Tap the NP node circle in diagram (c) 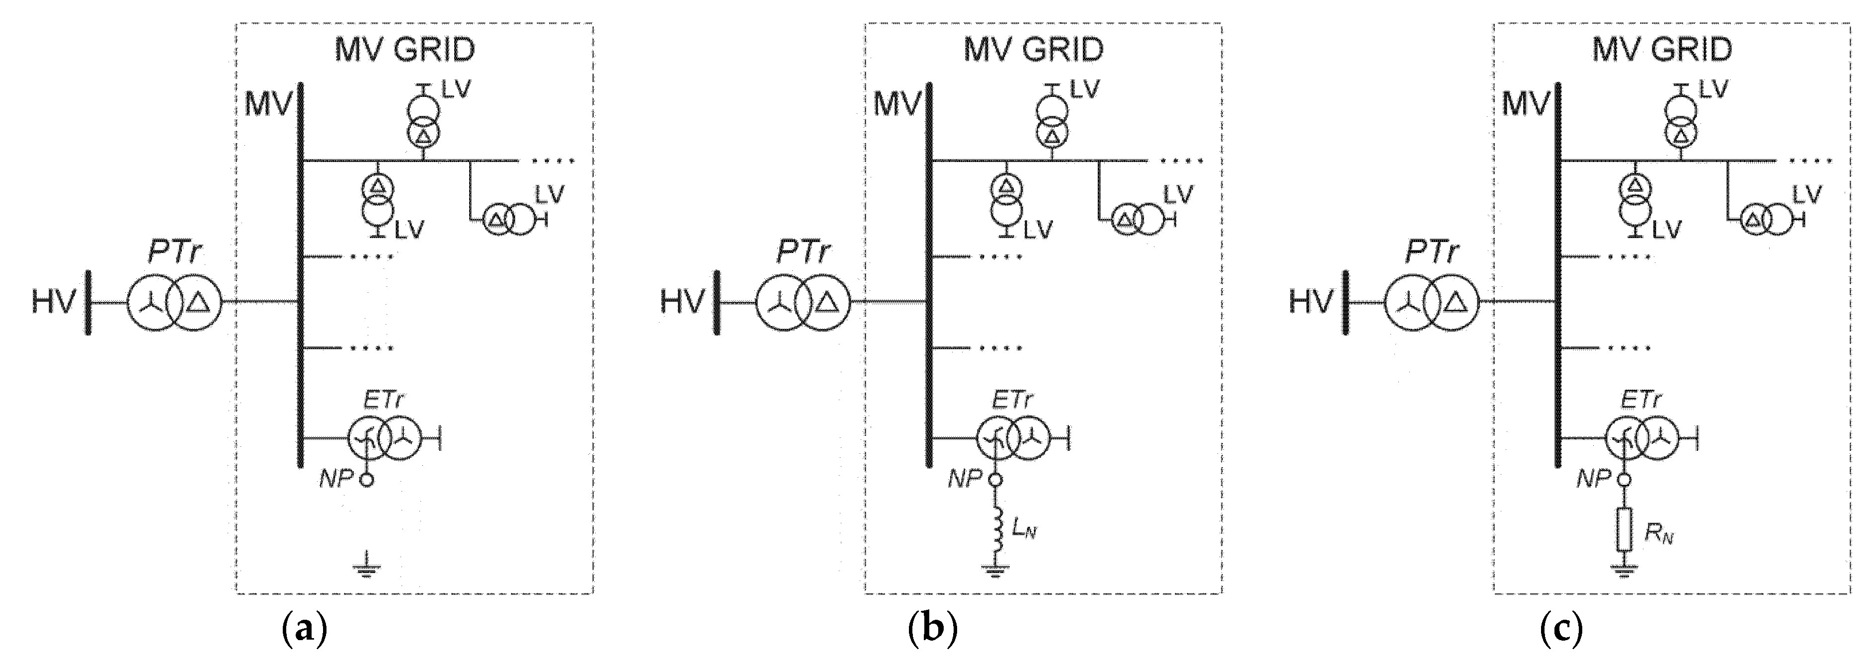pos(1624,480)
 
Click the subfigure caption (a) pos(304,629)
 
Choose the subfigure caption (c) pos(1561,629)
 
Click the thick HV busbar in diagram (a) pos(88,302)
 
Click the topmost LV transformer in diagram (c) pos(1681,122)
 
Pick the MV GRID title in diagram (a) pos(405,49)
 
